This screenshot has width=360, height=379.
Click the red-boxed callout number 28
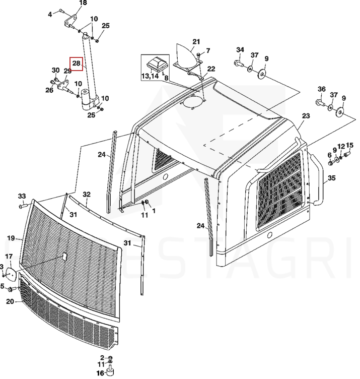coord(76,64)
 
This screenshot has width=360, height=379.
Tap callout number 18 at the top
coord(83,3)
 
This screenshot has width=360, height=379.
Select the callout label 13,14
coord(150,76)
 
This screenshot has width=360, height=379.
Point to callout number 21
coord(196,42)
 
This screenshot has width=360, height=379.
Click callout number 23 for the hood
coord(306,116)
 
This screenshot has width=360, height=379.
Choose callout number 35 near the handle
coord(332,178)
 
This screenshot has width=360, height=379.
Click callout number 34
coord(240,50)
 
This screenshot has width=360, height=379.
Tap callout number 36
coord(322,89)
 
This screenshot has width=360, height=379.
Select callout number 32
coord(87,195)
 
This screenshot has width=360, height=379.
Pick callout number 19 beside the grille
coord(11,238)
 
